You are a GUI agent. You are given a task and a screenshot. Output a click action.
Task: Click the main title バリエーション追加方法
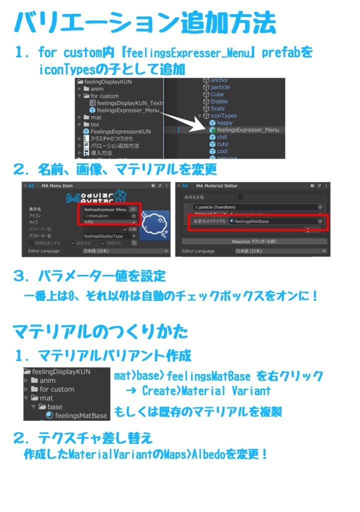pyautogui.click(x=145, y=22)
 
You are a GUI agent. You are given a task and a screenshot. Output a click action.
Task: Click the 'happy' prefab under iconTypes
pyautogui.click(x=224, y=122)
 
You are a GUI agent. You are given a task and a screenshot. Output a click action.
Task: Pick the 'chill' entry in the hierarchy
pyautogui.click(x=221, y=137)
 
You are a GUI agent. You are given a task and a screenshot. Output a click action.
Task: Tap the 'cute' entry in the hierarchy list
pyautogui.click(x=221, y=144)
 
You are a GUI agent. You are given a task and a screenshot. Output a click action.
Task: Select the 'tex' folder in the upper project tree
pyautogui.click(x=94, y=124)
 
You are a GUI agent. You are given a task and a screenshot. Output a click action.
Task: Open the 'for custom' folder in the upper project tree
pyautogui.click(x=104, y=96)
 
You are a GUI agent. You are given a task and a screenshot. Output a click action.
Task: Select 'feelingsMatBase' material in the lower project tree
pyautogui.click(x=80, y=415)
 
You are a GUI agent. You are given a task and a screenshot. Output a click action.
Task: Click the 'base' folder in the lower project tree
pyautogui.click(x=54, y=407)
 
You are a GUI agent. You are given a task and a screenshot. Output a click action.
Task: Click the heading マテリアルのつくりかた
pyautogui.click(x=100, y=331)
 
